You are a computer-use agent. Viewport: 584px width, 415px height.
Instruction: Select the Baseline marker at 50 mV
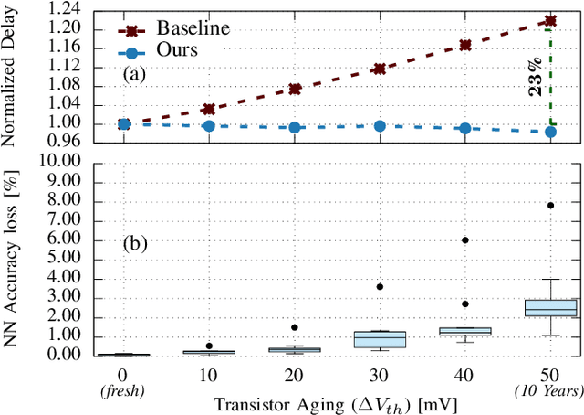coord(549,20)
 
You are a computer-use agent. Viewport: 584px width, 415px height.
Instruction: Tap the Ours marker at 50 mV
coord(549,132)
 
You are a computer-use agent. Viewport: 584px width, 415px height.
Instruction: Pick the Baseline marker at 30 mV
coord(380,69)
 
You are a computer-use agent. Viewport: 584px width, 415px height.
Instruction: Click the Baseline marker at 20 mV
coord(295,89)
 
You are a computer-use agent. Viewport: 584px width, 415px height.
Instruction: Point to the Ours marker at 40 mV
coord(464,128)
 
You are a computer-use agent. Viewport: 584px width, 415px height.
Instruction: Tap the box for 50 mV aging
coord(549,308)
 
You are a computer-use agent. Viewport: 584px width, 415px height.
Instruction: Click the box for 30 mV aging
coord(380,339)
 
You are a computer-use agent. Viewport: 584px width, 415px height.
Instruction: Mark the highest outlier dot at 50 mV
coord(549,206)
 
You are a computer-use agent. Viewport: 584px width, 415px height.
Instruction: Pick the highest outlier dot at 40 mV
coord(464,239)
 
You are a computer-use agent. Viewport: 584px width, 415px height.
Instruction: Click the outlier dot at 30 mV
coord(380,286)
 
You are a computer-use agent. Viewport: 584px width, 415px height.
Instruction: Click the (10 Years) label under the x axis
coord(549,390)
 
